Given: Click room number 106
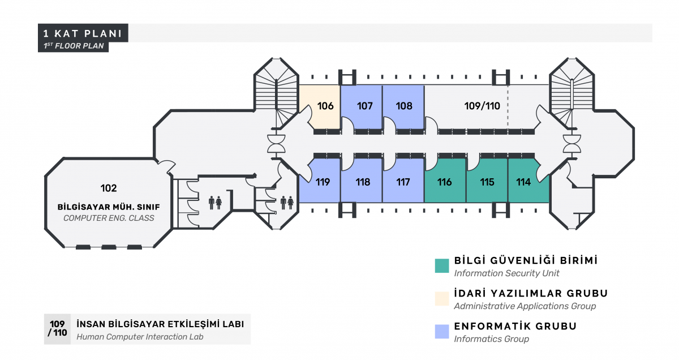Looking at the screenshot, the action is tap(325, 106).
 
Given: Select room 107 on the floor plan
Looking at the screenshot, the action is tap(364, 106).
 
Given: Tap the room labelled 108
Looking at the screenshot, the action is tap(404, 106).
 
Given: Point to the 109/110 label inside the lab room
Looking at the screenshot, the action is tap(482, 106).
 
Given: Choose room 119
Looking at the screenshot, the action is tap(323, 182).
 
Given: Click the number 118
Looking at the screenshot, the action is tap(363, 182).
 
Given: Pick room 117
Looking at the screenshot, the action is tap(403, 182).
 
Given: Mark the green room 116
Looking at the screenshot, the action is tap(444, 182).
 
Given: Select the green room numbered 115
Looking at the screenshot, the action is tap(487, 182).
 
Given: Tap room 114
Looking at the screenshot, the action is tap(523, 182).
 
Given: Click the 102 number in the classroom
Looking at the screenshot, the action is tap(109, 188).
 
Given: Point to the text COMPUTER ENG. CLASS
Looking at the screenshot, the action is tap(109, 218).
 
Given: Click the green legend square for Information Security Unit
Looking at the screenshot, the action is tap(442, 265).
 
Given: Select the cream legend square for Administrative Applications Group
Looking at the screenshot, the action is tap(442, 298).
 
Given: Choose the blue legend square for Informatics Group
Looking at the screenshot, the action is tap(442, 332).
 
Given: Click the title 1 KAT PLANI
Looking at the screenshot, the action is tap(83, 33).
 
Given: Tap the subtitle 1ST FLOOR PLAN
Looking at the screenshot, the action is tap(74, 46).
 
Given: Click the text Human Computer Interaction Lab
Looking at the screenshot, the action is tap(140, 337).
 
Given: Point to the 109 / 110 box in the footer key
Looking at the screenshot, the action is tap(57, 329).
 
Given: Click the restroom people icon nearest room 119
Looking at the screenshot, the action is tap(287, 203).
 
